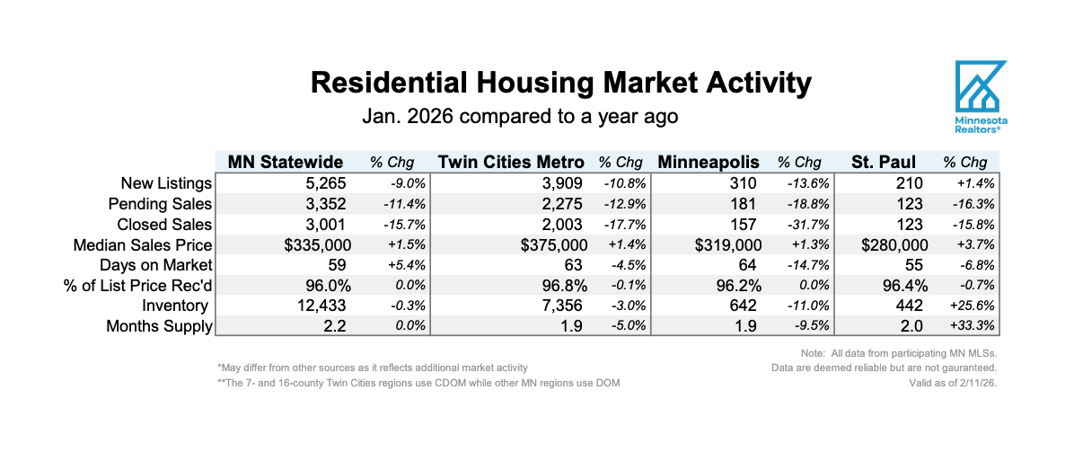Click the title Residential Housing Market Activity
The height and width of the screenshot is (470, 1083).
[x=560, y=83]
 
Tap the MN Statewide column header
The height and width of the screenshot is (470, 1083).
[x=286, y=163]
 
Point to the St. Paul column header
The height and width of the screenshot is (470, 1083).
[x=884, y=163]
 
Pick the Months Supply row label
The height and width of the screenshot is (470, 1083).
[x=159, y=326]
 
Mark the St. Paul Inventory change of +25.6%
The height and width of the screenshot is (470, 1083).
[x=968, y=306]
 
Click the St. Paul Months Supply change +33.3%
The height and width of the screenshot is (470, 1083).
[x=968, y=326]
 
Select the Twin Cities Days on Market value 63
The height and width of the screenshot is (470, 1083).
[x=571, y=265]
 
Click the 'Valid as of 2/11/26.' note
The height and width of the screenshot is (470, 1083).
[x=953, y=383]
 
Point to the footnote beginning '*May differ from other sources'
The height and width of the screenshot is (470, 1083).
[x=372, y=368]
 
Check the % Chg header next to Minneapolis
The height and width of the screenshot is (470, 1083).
[x=799, y=163]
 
